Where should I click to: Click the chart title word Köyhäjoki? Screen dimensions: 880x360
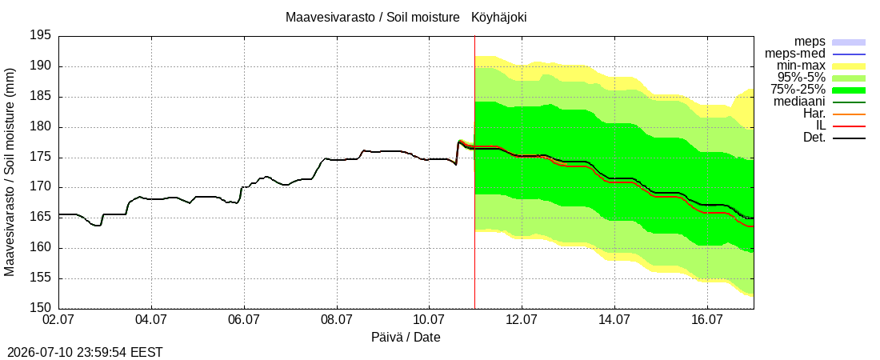pos(499,18)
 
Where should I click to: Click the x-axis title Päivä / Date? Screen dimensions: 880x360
pos(406,338)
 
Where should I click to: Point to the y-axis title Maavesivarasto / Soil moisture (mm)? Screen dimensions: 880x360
pos(10,173)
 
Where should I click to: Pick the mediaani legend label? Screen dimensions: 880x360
pos(800,102)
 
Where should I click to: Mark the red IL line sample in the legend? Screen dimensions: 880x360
pos(849,126)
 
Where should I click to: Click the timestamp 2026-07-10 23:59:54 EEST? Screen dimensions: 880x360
pos(82,353)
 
